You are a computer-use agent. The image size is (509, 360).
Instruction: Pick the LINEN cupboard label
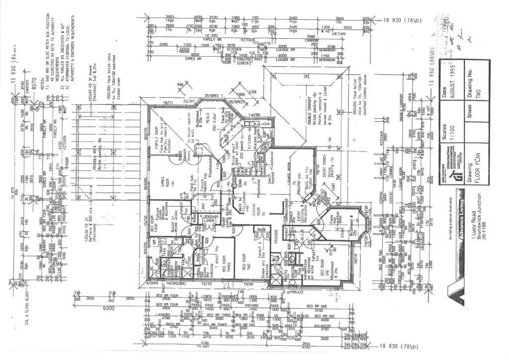(208, 220)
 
